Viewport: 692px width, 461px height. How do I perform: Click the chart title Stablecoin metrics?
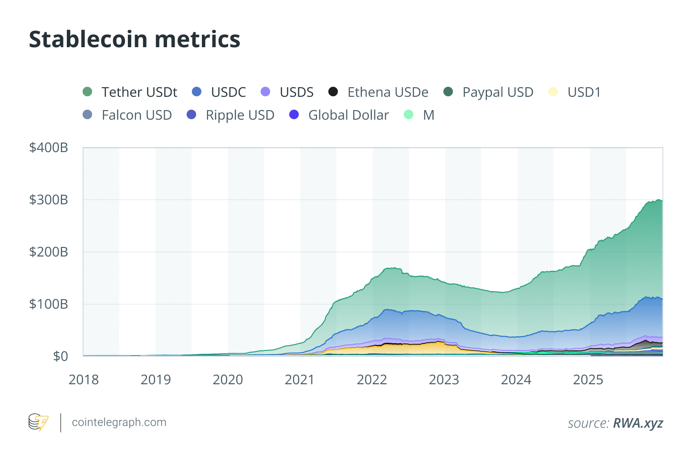point(135,39)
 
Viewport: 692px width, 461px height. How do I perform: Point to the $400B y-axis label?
point(49,148)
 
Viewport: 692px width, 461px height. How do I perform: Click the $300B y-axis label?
point(49,200)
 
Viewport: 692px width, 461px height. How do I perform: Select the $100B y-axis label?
point(49,304)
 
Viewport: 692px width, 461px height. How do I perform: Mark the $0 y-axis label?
point(60,356)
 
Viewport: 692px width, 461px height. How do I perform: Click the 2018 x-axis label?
point(84,379)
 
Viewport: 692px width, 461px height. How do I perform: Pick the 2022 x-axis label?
point(372,379)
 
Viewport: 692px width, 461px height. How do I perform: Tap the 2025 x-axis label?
point(588,379)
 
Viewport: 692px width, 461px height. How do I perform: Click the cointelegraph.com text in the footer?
point(119,422)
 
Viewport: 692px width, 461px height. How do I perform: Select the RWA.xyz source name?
point(638,423)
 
